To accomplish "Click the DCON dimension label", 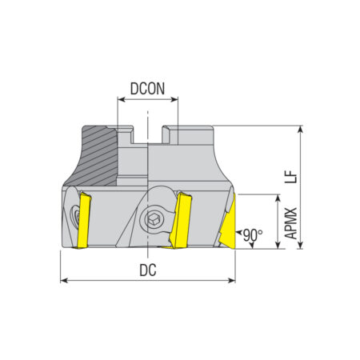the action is tap(147, 89).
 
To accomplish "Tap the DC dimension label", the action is tap(148, 270).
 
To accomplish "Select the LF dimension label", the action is tap(290, 177).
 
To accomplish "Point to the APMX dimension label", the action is tap(290, 223).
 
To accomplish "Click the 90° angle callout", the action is tap(253, 235).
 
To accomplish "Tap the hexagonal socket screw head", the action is tap(151, 219).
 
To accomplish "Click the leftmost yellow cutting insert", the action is tap(83, 221).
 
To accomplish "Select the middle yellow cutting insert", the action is tap(181, 220).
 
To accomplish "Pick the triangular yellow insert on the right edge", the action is tap(228, 224).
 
